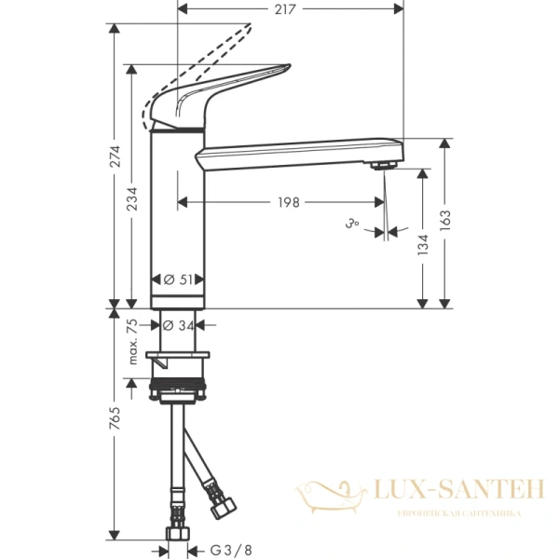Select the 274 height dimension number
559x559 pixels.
[116, 159]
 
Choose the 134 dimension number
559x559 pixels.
[424, 245]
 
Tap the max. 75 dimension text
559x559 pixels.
[133, 340]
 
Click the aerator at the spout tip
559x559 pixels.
[381, 166]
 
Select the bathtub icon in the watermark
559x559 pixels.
[327, 491]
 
